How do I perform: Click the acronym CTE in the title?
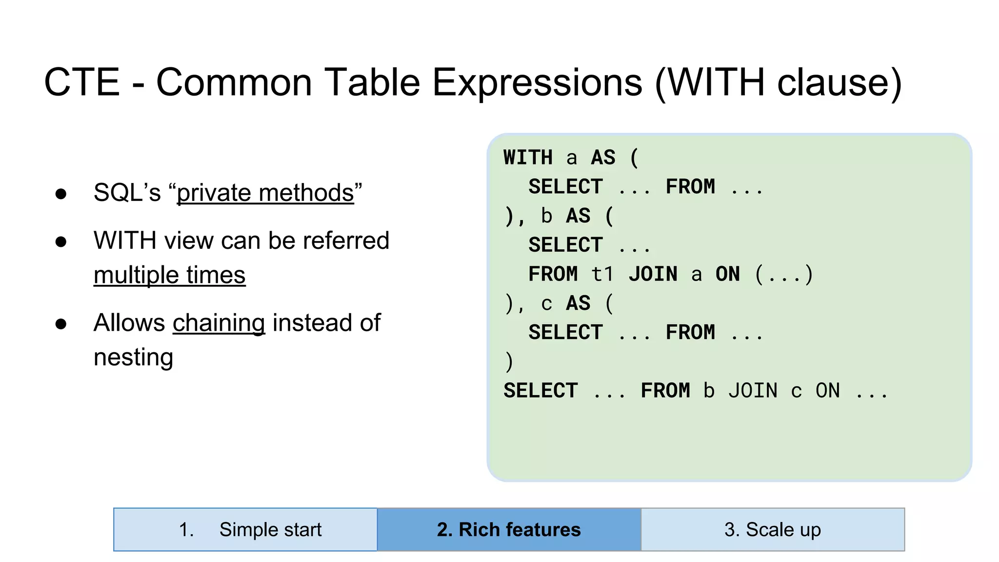tap(82, 82)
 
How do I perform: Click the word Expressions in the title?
tap(537, 82)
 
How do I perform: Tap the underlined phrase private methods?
tap(265, 193)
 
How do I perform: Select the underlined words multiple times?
tap(169, 275)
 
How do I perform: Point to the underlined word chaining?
tap(219, 323)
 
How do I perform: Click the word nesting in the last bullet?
tap(133, 358)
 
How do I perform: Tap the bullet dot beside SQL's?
tap(61, 194)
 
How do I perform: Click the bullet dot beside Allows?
tap(61, 324)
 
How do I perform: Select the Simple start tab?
tap(245, 529)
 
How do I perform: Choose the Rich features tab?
tap(509, 529)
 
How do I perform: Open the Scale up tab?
tap(773, 529)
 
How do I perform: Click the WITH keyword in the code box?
tap(528, 158)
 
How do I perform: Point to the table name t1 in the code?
tap(602, 274)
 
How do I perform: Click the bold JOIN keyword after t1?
tap(653, 274)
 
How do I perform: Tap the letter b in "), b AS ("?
tap(546, 216)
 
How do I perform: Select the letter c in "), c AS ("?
tap(546, 304)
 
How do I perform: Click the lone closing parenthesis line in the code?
tap(509, 362)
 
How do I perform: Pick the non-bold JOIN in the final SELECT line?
tap(753, 391)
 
